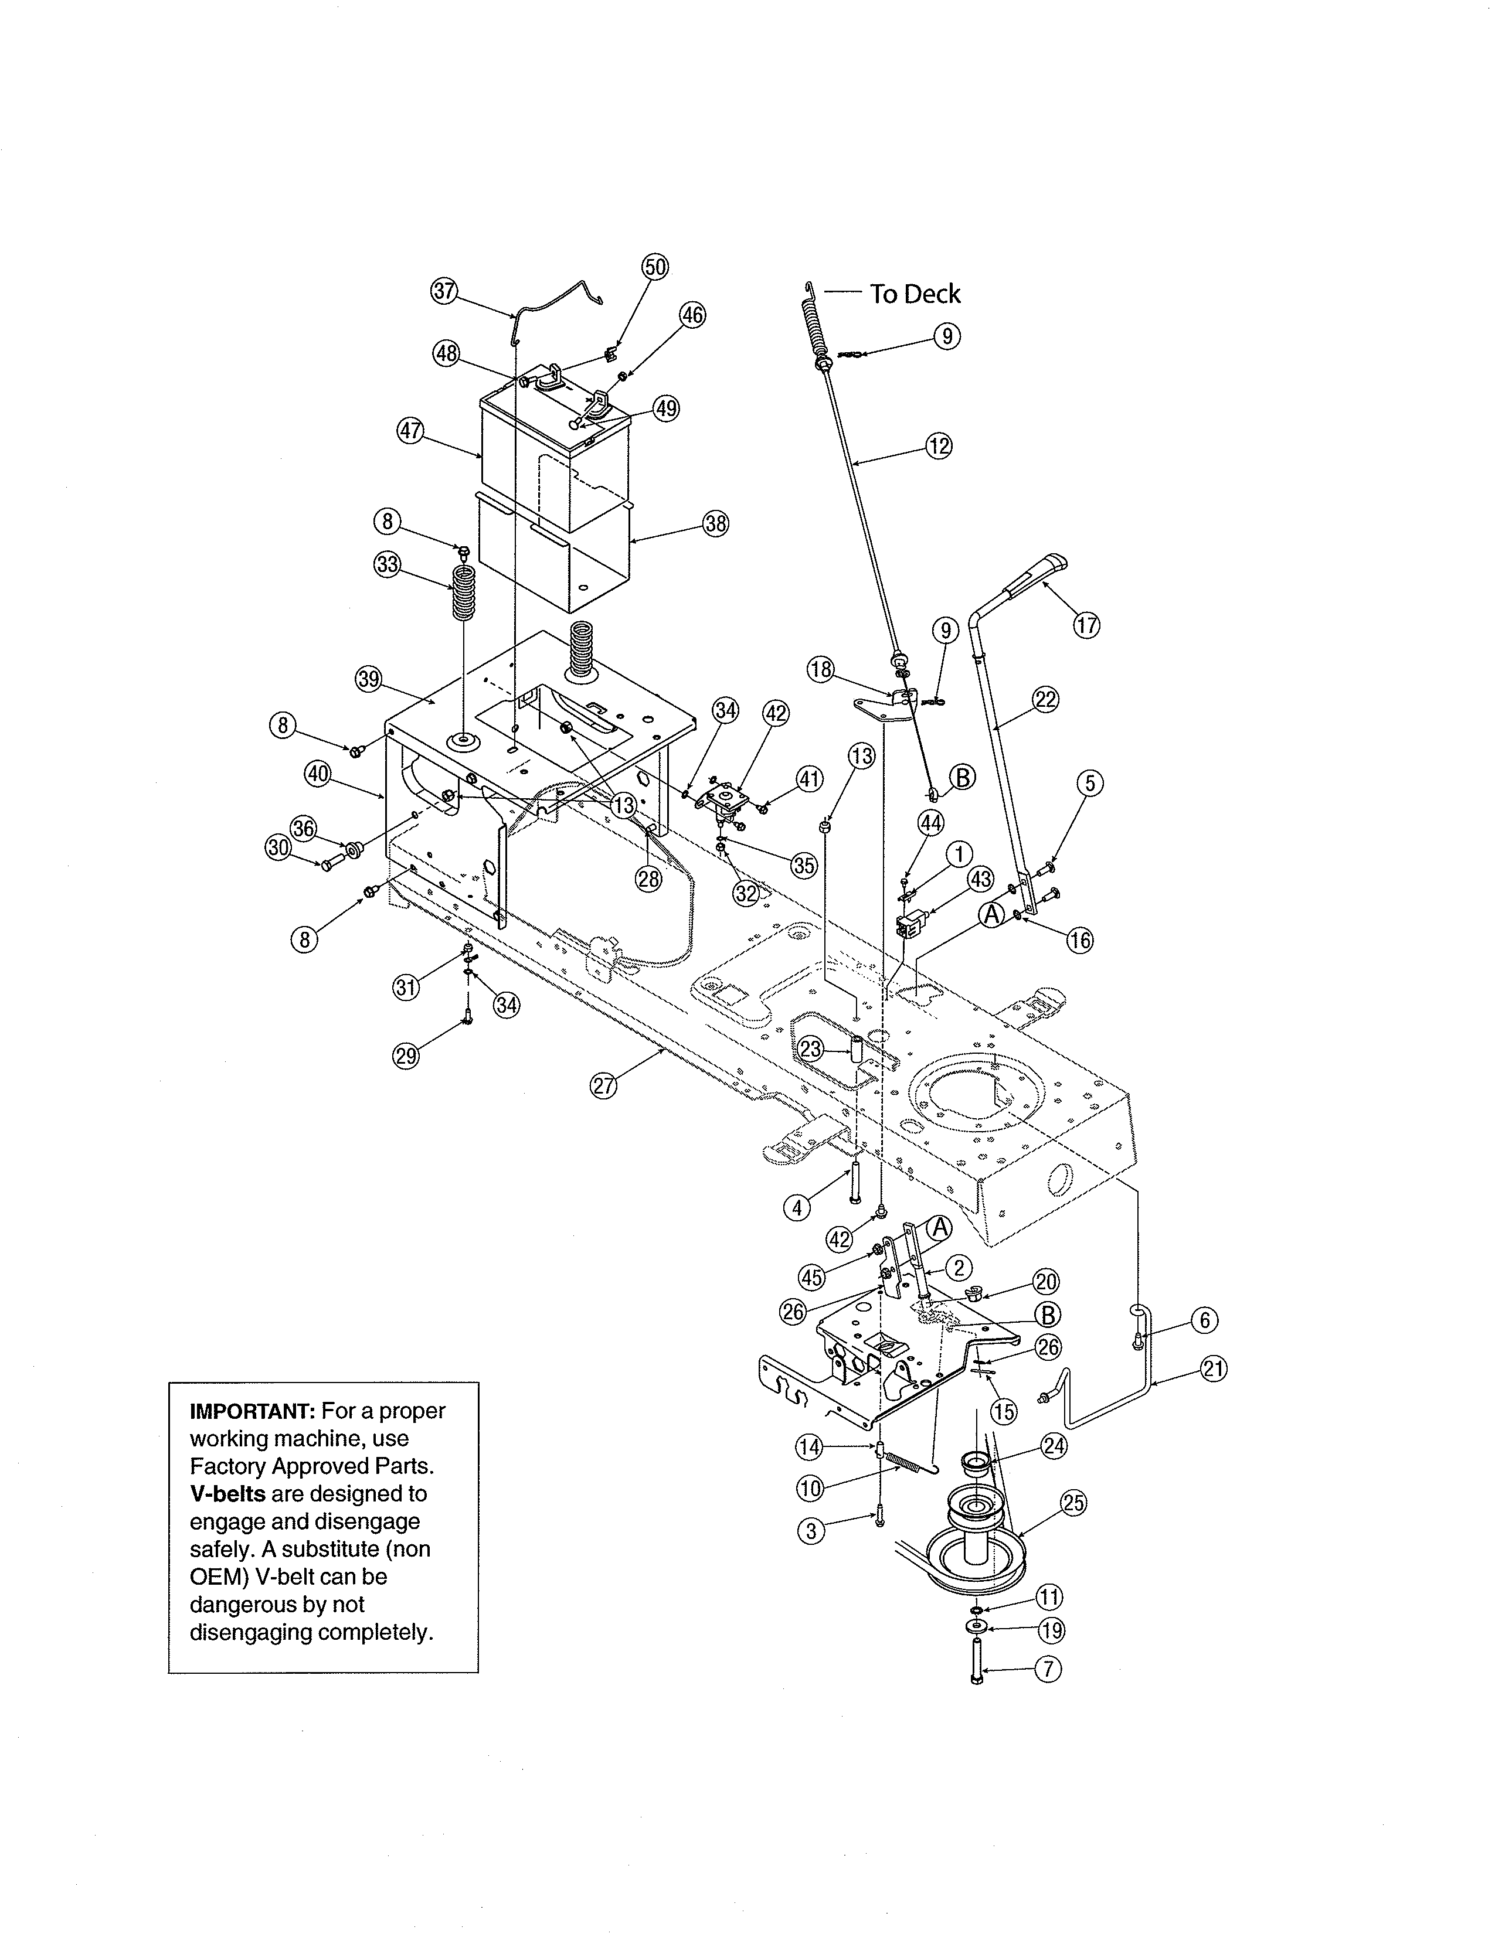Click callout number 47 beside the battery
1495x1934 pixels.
click(x=410, y=431)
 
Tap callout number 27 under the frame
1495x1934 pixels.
click(x=603, y=1087)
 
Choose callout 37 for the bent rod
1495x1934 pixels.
click(x=444, y=291)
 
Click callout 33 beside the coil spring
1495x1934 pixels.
click(x=387, y=565)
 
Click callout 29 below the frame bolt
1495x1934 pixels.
click(x=406, y=1055)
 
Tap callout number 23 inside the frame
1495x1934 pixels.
click(x=810, y=1050)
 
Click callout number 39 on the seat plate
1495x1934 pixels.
click(x=368, y=679)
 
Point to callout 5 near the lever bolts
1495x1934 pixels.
click(x=1089, y=783)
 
